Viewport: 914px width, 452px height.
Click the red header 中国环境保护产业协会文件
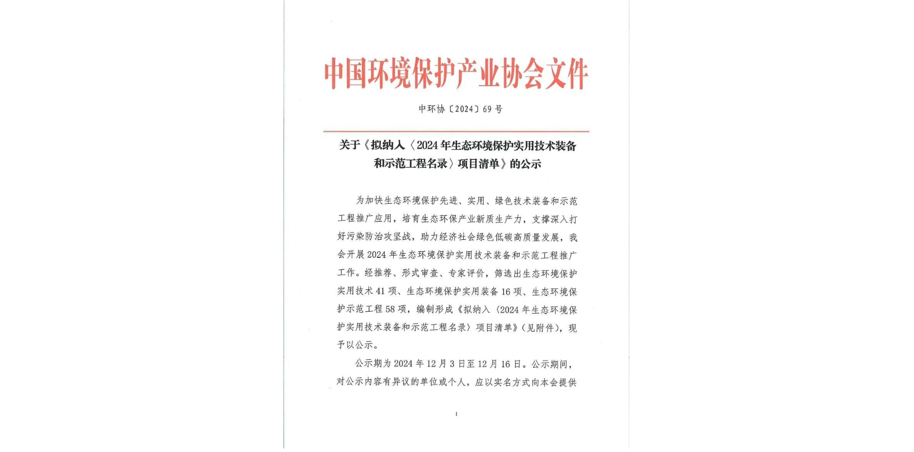[x=456, y=74]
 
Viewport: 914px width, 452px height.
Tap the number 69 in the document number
[x=487, y=109]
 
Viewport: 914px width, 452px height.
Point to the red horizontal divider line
[x=456, y=131]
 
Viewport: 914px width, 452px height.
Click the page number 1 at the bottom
[x=456, y=414]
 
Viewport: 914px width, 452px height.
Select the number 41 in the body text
[x=380, y=291]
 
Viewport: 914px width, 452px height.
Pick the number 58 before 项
[x=390, y=309]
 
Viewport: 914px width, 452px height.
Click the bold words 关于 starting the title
[x=349, y=145]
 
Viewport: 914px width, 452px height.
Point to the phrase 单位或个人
[x=442, y=382]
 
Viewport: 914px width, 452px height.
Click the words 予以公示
[x=355, y=345]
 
